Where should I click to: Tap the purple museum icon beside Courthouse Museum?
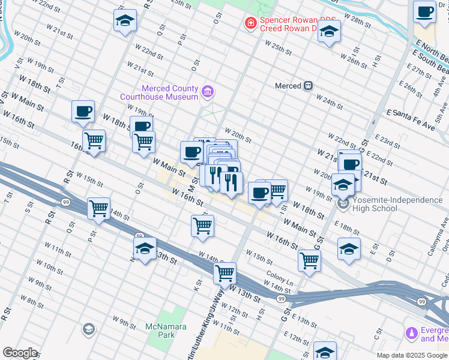[x=208, y=92]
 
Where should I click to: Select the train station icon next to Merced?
[x=308, y=86]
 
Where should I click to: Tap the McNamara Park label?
[x=166, y=331]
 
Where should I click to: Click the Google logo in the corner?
[x=20, y=353]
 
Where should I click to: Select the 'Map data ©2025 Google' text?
[x=412, y=355]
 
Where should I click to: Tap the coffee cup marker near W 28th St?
[x=425, y=12]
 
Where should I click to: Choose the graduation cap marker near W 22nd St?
[x=124, y=20]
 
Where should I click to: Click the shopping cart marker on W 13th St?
[x=224, y=274]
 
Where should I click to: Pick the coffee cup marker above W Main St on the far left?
[x=83, y=111]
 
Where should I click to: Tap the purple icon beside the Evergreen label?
[x=412, y=332]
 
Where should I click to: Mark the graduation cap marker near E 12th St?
[x=325, y=352]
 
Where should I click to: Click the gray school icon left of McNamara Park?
[x=89, y=329]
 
